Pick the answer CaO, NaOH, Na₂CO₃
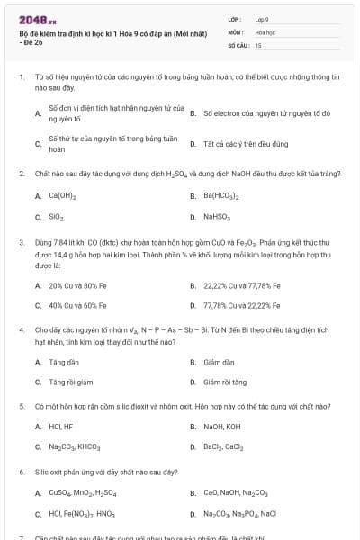tap(235, 493)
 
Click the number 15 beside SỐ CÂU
tap(258, 44)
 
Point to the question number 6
tap(21, 472)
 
